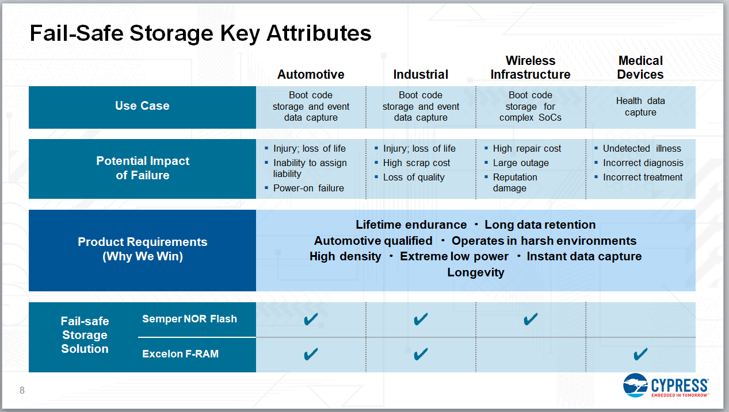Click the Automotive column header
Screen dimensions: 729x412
coord(311,74)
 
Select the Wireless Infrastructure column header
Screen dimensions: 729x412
coord(530,68)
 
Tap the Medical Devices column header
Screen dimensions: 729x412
coord(640,68)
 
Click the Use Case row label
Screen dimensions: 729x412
coord(142,106)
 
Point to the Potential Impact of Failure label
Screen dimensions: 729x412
coord(143,168)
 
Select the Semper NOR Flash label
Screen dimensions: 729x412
coord(189,319)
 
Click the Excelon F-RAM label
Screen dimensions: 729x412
coord(180,353)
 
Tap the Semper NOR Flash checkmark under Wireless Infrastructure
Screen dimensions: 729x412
coord(530,319)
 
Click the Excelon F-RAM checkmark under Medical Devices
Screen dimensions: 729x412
coord(640,354)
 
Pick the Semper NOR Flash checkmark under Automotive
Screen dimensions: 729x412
coord(311,319)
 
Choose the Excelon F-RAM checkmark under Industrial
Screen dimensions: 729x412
coord(421,354)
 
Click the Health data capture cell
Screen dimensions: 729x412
coord(640,106)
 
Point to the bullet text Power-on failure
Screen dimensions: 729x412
coord(308,188)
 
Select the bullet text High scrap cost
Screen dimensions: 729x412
coord(417,163)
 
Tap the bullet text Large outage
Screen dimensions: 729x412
coord(521,163)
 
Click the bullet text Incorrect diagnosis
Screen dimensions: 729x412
coord(643,163)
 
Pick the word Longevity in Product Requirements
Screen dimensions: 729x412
coord(475,272)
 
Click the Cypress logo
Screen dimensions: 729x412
coord(666,386)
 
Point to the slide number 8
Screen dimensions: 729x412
coord(22,390)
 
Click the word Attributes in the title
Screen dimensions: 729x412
coord(319,33)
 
